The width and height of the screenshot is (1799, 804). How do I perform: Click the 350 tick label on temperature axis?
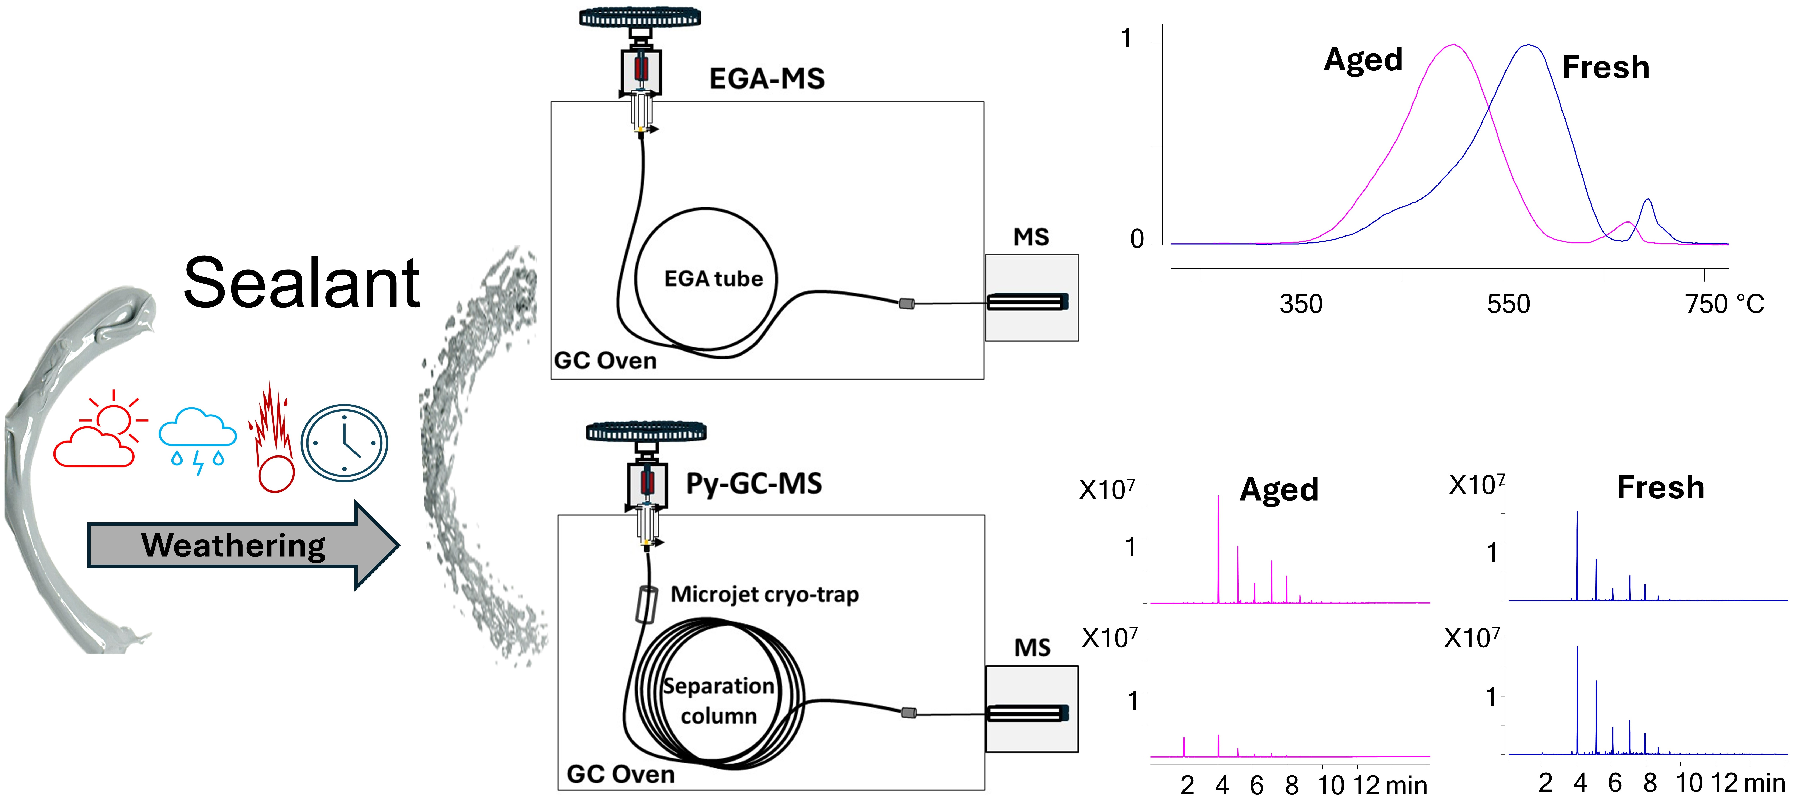(x=1300, y=304)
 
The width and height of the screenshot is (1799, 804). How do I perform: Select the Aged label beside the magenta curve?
(x=1363, y=60)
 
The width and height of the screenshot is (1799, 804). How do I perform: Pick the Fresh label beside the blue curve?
(x=1605, y=67)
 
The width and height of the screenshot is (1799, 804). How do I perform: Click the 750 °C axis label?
(x=1724, y=304)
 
